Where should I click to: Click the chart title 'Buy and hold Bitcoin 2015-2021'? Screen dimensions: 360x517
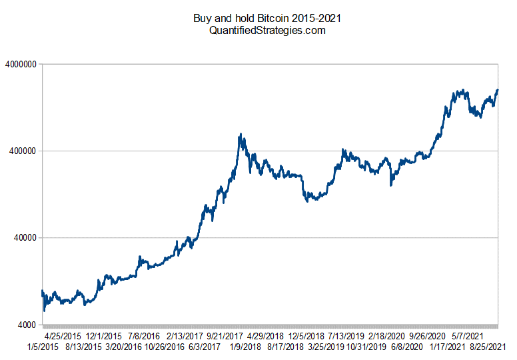[258, 18]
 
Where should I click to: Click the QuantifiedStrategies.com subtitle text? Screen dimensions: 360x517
[258, 30]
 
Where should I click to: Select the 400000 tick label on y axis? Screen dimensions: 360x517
[23, 151]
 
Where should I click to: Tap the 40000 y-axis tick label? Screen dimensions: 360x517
[25, 238]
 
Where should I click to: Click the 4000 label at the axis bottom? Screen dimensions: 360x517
[27, 325]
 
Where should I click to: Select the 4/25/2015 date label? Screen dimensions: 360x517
[63, 336]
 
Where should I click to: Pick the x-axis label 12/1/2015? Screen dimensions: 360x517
[103, 336]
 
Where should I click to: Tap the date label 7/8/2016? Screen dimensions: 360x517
[144, 336]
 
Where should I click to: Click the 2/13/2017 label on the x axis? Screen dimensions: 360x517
[185, 336]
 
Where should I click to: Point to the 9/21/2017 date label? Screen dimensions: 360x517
[226, 336]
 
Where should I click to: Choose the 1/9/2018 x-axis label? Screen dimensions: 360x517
[244, 347]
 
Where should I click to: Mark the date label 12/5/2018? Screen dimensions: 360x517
[306, 336]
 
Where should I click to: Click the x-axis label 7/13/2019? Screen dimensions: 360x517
[347, 336]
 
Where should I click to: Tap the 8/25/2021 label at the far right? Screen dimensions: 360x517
[487, 347]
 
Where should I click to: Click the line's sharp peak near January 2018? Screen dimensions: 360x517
[240, 135]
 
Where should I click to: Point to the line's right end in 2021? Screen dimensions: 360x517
[498, 90]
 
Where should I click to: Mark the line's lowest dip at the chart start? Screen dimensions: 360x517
[44, 311]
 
